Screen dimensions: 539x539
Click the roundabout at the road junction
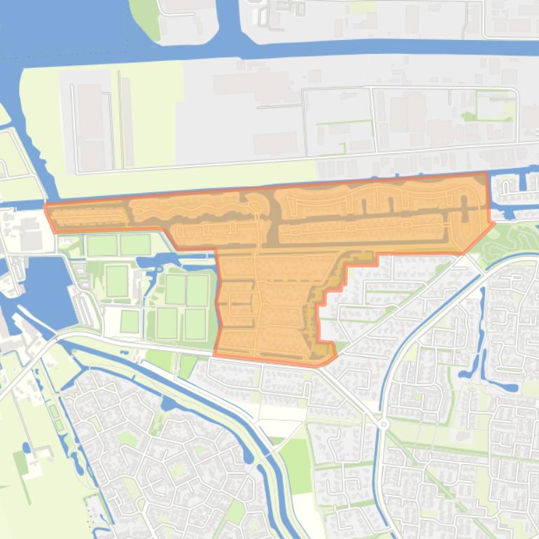384,424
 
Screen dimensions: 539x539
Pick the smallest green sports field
129,321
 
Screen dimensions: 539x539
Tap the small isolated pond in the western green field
26,446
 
